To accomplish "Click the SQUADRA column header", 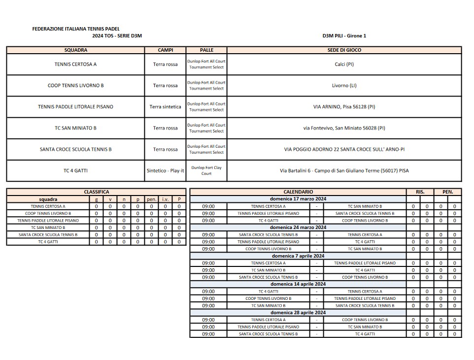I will pyautogui.click(x=75, y=50).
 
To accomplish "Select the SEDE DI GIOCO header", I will pyautogui.click(x=344, y=50).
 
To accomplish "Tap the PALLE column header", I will pyautogui.click(x=206, y=50).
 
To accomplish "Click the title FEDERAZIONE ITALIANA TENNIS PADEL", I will pyautogui.click(x=75, y=29).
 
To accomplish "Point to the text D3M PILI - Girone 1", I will pyautogui.click(x=344, y=35).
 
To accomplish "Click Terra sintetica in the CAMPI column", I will pyautogui.click(x=165, y=107).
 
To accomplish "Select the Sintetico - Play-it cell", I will pyautogui.click(x=165, y=171).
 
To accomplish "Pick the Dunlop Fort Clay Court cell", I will pyautogui.click(x=206, y=171).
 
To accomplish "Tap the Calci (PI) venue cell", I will pyautogui.click(x=344, y=64).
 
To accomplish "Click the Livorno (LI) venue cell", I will pyautogui.click(x=344, y=86).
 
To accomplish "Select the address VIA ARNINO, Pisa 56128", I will pyautogui.click(x=344, y=107).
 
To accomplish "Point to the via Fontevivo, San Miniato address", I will pyautogui.click(x=344, y=128).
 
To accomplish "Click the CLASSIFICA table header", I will pyautogui.click(x=97, y=192).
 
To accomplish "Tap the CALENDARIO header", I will pyautogui.click(x=298, y=192).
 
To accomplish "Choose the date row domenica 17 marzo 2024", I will pyautogui.click(x=298, y=199).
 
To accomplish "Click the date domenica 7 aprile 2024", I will pyautogui.click(x=298, y=256).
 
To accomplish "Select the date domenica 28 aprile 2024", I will pyautogui.click(x=298, y=313).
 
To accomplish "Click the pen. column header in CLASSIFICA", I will pyautogui.click(x=152, y=199).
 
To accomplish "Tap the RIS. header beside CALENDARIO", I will pyautogui.click(x=420, y=192).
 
